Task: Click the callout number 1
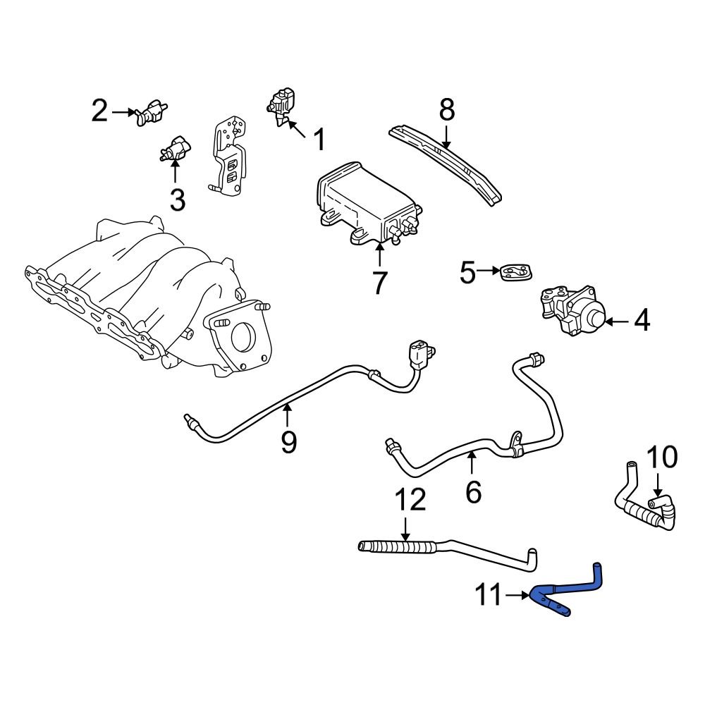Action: click(x=319, y=140)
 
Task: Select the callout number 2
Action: click(x=99, y=111)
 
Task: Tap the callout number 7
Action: click(x=379, y=283)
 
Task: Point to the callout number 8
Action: click(x=446, y=109)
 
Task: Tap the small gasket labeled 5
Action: click(x=515, y=271)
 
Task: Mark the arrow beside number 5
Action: click(x=489, y=270)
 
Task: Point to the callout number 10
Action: click(x=661, y=458)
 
